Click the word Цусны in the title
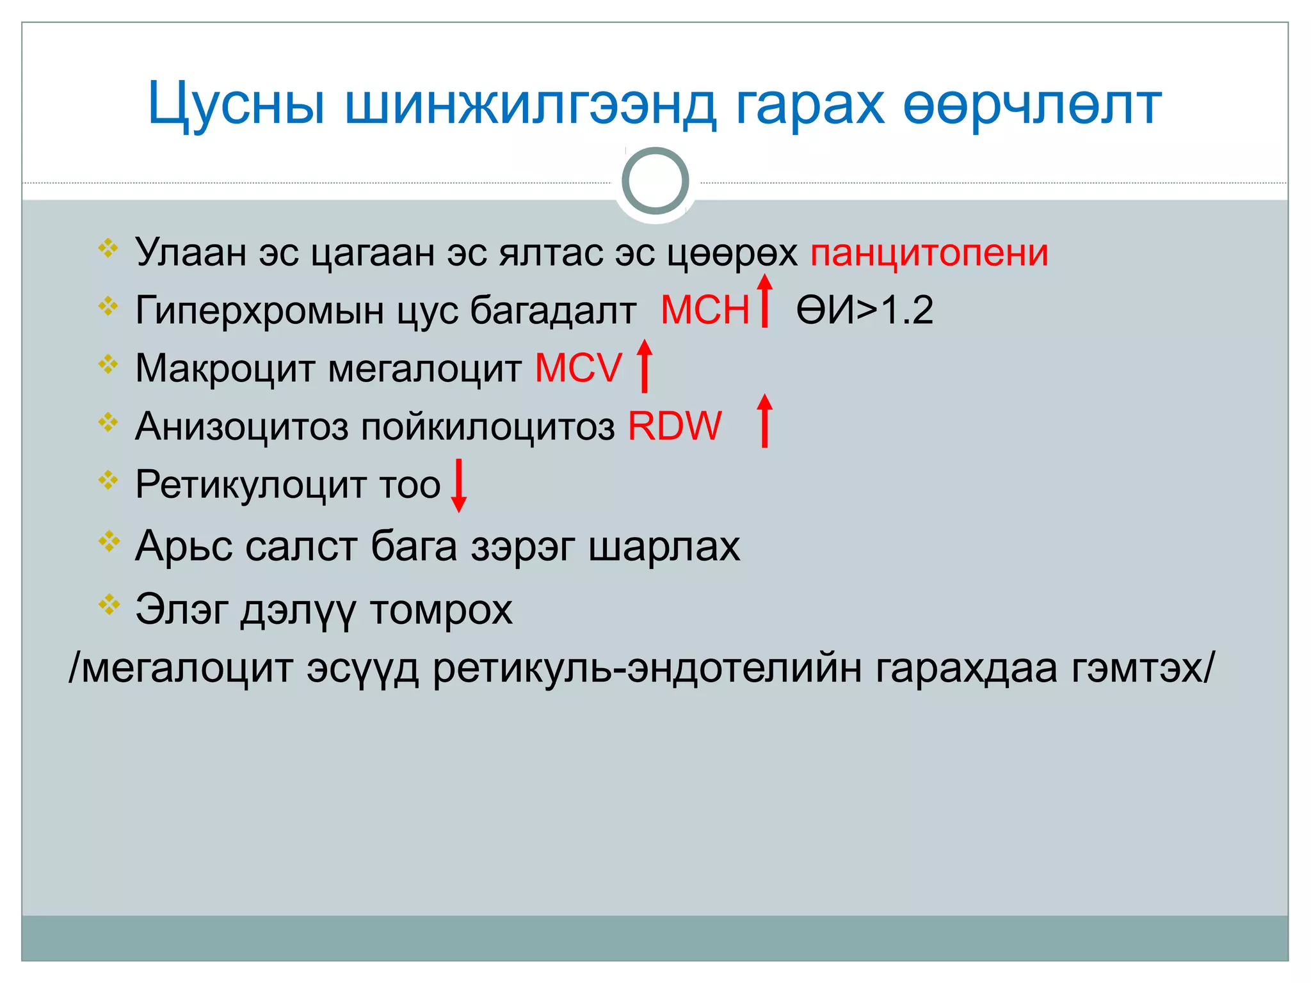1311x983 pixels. click(x=236, y=104)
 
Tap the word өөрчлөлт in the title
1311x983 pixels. click(x=1032, y=104)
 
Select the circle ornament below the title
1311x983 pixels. click(x=655, y=181)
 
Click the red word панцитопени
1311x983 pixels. click(x=929, y=253)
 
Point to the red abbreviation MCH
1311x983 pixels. click(x=705, y=310)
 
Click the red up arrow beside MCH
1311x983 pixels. click(x=764, y=300)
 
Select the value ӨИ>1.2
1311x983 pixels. click(x=864, y=310)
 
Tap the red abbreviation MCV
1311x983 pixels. click(x=578, y=368)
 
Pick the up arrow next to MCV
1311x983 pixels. click(x=645, y=365)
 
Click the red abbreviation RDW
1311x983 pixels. click(x=675, y=426)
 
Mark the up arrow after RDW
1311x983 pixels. click(x=764, y=420)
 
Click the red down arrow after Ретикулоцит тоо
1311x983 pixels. click(x=458, y=485)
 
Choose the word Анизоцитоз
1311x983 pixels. click(x=241, y=426)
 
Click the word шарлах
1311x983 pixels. click(x=664, y=547)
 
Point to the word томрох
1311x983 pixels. click(x=441, y=609)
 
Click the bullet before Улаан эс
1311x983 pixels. click(x=109, y=248)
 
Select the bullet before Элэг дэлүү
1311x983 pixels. click(x=109, y=603)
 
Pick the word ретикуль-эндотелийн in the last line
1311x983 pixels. click(x=647, y=668)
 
